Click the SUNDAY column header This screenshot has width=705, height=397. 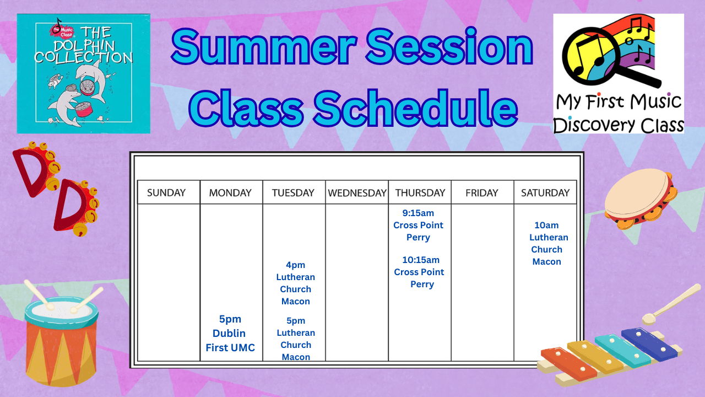[166, 192]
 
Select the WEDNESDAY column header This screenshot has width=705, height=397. [357, 192]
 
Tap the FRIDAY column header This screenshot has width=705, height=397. [482, 192]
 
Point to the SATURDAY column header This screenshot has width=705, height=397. [545, 192]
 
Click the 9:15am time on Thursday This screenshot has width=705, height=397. [418, 213]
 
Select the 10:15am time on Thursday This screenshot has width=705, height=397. [421, 260]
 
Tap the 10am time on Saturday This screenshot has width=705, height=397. [546, 226]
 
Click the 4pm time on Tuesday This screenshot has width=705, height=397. [295, 265]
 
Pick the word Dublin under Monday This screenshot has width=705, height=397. [229, 334]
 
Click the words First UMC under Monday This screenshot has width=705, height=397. [230, 347]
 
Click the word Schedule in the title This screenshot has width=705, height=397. [415, 108]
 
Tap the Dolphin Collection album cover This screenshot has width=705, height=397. [83, 73]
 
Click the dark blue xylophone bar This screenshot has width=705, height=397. [649, 345]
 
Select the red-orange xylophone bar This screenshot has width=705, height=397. [568, 364]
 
